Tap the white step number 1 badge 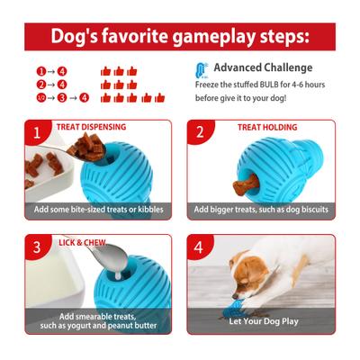coord(37,133)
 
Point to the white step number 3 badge coord(37,247)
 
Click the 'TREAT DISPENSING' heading coord(91,128)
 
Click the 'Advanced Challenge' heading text coord(263,67)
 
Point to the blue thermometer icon coord(201,69)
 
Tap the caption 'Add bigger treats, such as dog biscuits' coord(261,209)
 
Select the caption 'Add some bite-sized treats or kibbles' coord(98,209)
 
